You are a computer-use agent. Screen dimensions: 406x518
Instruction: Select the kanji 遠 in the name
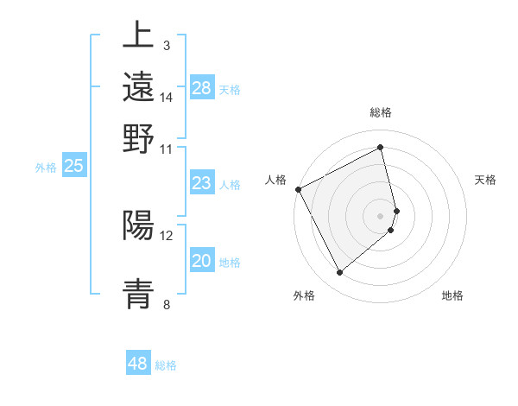coord(138,87)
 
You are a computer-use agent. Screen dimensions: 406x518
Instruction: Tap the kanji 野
coord(138,139)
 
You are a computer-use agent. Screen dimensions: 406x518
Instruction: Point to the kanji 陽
coord(138,225)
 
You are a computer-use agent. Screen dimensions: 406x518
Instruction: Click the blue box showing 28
coord(202,88)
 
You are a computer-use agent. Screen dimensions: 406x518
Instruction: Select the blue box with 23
coord(202,183)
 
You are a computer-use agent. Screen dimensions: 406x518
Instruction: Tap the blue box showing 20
coord(202,262)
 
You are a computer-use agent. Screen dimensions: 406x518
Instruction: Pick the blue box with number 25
coord(74,167)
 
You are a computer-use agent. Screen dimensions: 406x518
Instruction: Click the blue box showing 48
coord(138,364)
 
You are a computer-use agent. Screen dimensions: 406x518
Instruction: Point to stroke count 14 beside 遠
coord(167,98)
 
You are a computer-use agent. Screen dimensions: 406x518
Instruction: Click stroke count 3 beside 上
coord(166,45)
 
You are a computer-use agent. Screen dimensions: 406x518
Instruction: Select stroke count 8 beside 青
coord(166,304)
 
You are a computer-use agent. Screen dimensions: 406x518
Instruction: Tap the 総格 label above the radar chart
coord(381,112)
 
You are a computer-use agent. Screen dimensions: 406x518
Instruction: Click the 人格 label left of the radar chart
coord(276,180)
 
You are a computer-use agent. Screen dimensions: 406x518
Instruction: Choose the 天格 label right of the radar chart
coord(486,180)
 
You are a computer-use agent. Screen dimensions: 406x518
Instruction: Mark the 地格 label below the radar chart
coord(452,295)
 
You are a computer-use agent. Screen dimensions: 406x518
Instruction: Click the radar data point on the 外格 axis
coord(339,273)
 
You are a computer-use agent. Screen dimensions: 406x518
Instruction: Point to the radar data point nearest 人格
coord(298,189)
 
